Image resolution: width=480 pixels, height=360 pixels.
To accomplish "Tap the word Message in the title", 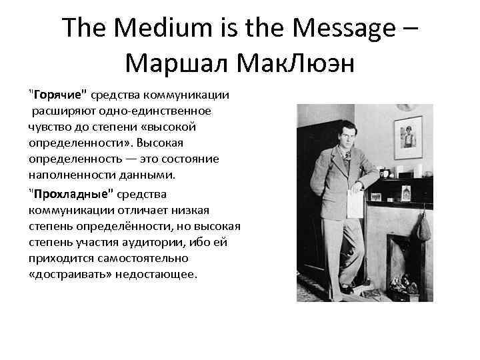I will pyautogui.click(x=337, y=29).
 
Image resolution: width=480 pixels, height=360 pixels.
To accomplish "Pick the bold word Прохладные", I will pyautogui.click(x=67, y=194).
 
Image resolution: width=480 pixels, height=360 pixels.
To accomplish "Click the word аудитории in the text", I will pyautogui.click(x=159, y=242).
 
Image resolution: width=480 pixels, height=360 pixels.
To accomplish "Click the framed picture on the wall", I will pyautogui.click(x=408, y=137).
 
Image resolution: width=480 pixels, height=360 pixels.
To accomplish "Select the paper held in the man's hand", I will pyautogui.click(x=354, y=199).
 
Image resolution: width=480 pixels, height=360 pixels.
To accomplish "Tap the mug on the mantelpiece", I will pyautogui.click(x=385, y=173).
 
